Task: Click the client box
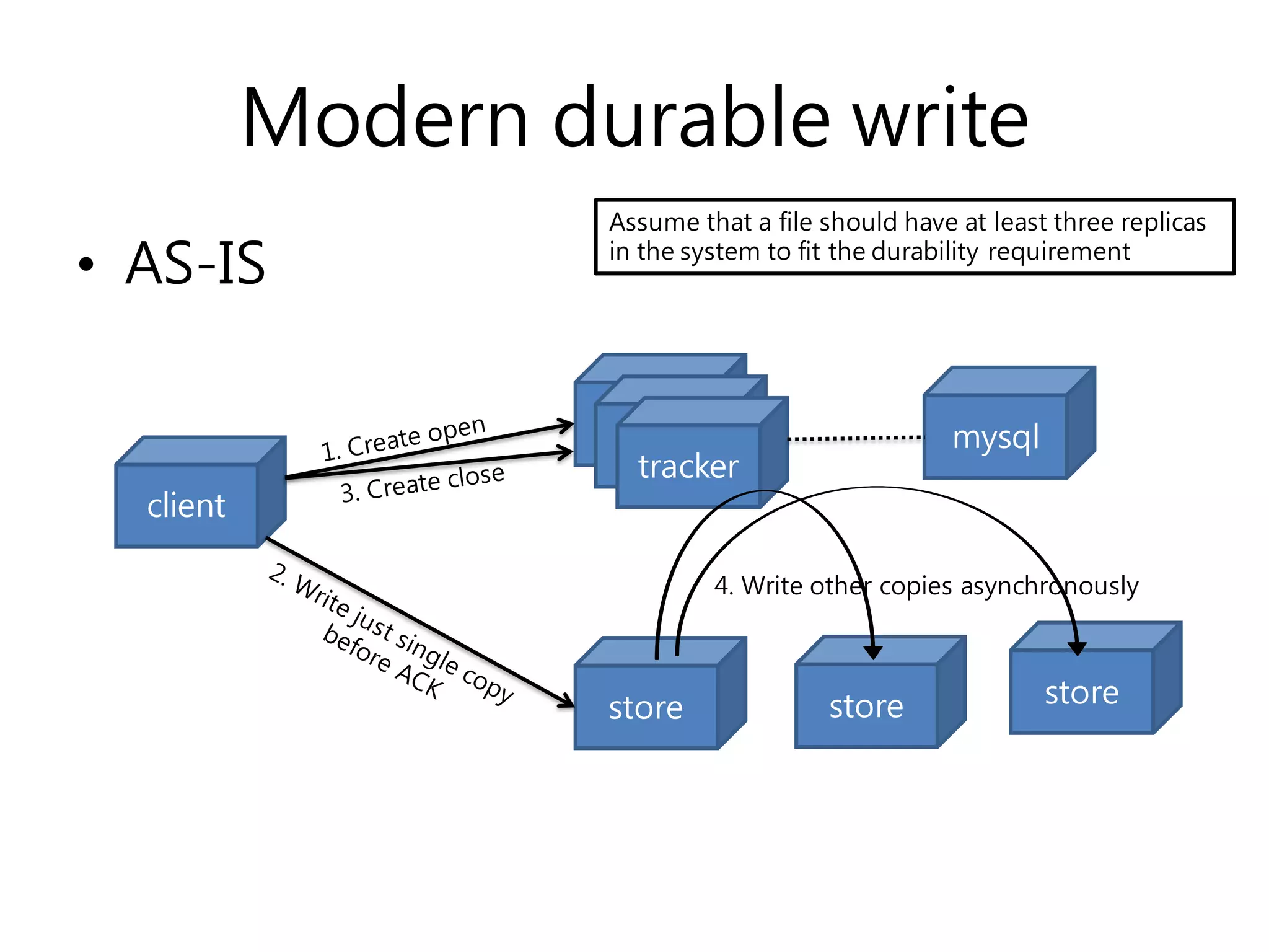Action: tap(186, 505)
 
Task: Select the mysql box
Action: tap(995, 437)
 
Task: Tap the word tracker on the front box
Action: tap(688, 466)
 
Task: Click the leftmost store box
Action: tap(646, 707)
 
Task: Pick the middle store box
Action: tap(866, 706)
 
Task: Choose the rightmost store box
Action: tap(1081, 692)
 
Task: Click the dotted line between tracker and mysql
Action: tap(855, 438)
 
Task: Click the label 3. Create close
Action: tap(423, 483)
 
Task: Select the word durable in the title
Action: tap(691, 118)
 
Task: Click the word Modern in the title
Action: tap(385, 118)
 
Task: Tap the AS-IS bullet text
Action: tap(195, 263)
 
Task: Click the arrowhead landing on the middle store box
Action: tap(873, 652)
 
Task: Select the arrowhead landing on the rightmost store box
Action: tap(1077, 648)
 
